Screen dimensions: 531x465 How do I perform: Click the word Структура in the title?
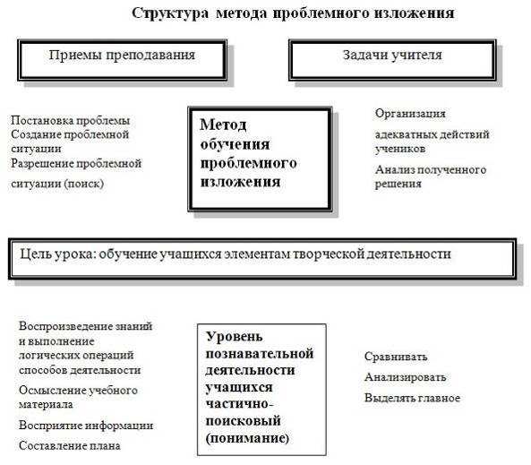click(x=170, y=13)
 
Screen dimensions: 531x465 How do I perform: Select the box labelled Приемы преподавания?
click(x=123, y=60)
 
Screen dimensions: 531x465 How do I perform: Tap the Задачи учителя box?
click(x=392, y=60)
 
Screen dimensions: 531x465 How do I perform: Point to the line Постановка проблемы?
click(x=70, y=120)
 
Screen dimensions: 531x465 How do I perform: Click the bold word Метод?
click(x=223, y=125)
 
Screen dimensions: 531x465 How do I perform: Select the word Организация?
click(x=410, y=114)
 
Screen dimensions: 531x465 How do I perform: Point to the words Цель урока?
click(x=56, y=254)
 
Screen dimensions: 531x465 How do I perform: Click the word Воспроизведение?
click(x=65, y=326)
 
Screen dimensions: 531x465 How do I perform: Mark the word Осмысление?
click(x=51, y=390)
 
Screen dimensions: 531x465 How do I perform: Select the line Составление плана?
click(x=70, y=445)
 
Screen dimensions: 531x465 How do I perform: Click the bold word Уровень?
click(x=234, y=337)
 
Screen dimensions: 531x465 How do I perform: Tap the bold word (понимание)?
click(x=247, y=438)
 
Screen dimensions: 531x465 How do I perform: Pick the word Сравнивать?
click(x=396, y=357)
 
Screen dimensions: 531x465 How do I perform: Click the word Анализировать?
click(x=405, y=377)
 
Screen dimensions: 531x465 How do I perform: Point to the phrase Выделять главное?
click(x=412, y=398)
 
